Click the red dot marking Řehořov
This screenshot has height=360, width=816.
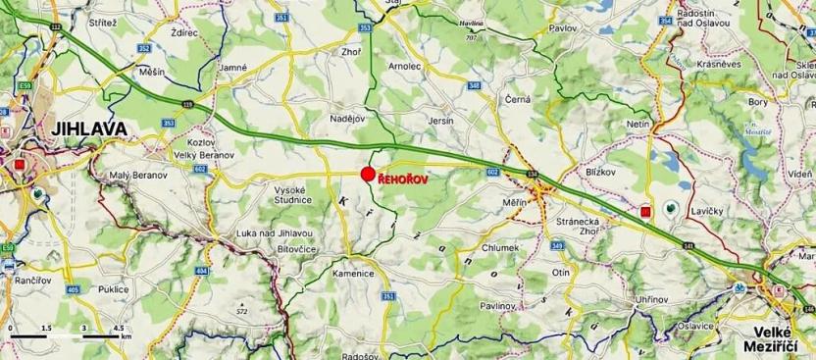pyautogui.click(x=368, y=175)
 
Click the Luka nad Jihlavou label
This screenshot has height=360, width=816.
pyautogui.click(x=274, y=232)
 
